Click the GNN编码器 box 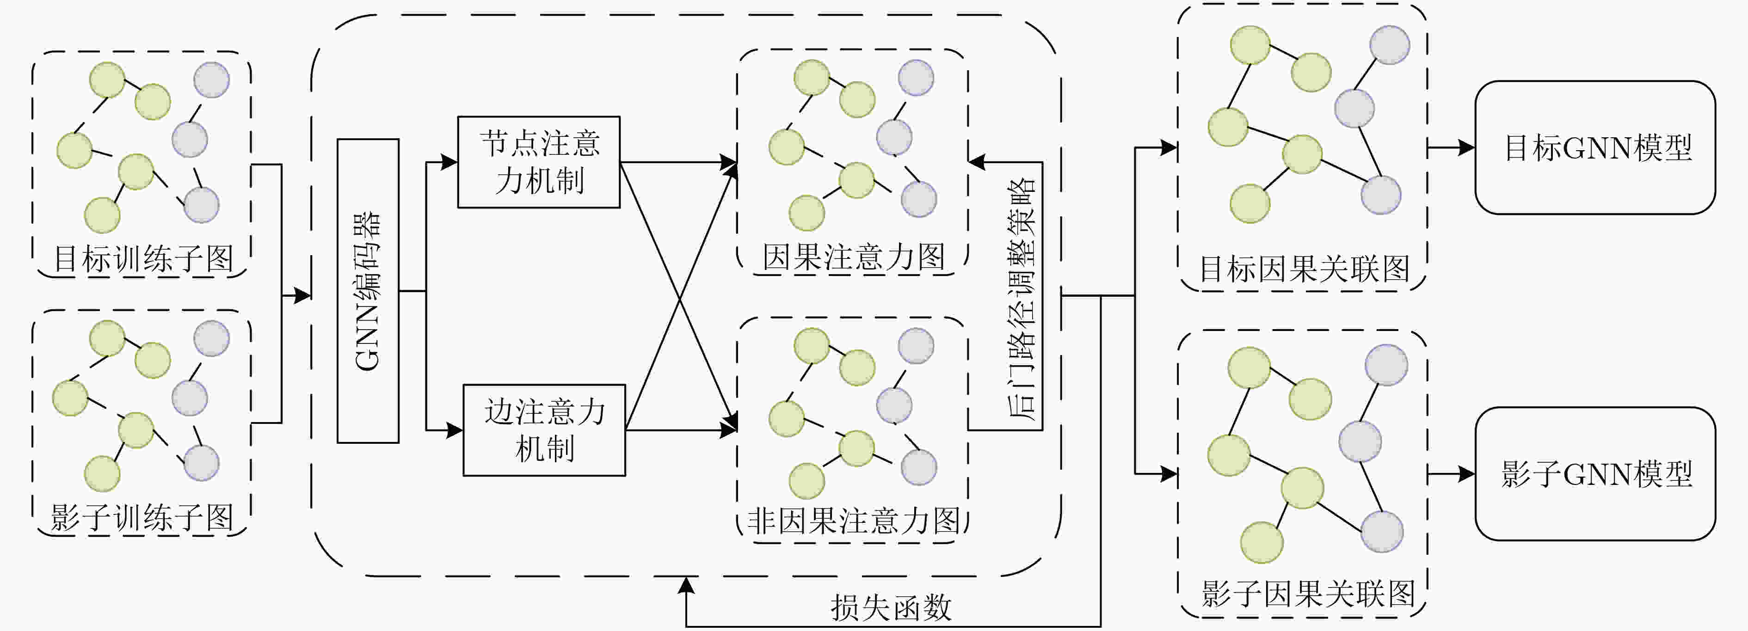[x=368, y=291]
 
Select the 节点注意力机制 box [x=539, y=162]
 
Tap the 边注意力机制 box [x=544, y=430]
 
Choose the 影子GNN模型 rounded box [x=1595, y=473]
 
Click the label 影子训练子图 [x=142, y=518]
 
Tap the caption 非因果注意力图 [x=854, y=521]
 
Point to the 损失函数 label [x=891, y=608]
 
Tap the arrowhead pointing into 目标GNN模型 [x=1467, y=147]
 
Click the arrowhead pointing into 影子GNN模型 [x=1467, y=473]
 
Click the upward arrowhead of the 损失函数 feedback [x=687, y=585]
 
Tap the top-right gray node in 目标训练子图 [x=211, y=80]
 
